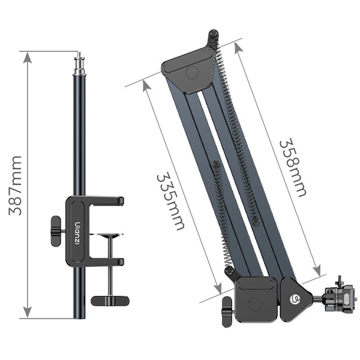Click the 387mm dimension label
(x=13, y=185)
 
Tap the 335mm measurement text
(x=170, y=201)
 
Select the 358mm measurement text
(x=292, y=168)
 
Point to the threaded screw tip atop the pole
(x=78, y=61)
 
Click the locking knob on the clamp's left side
(x=56, y=230)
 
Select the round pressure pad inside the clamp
(x=109, y=236)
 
